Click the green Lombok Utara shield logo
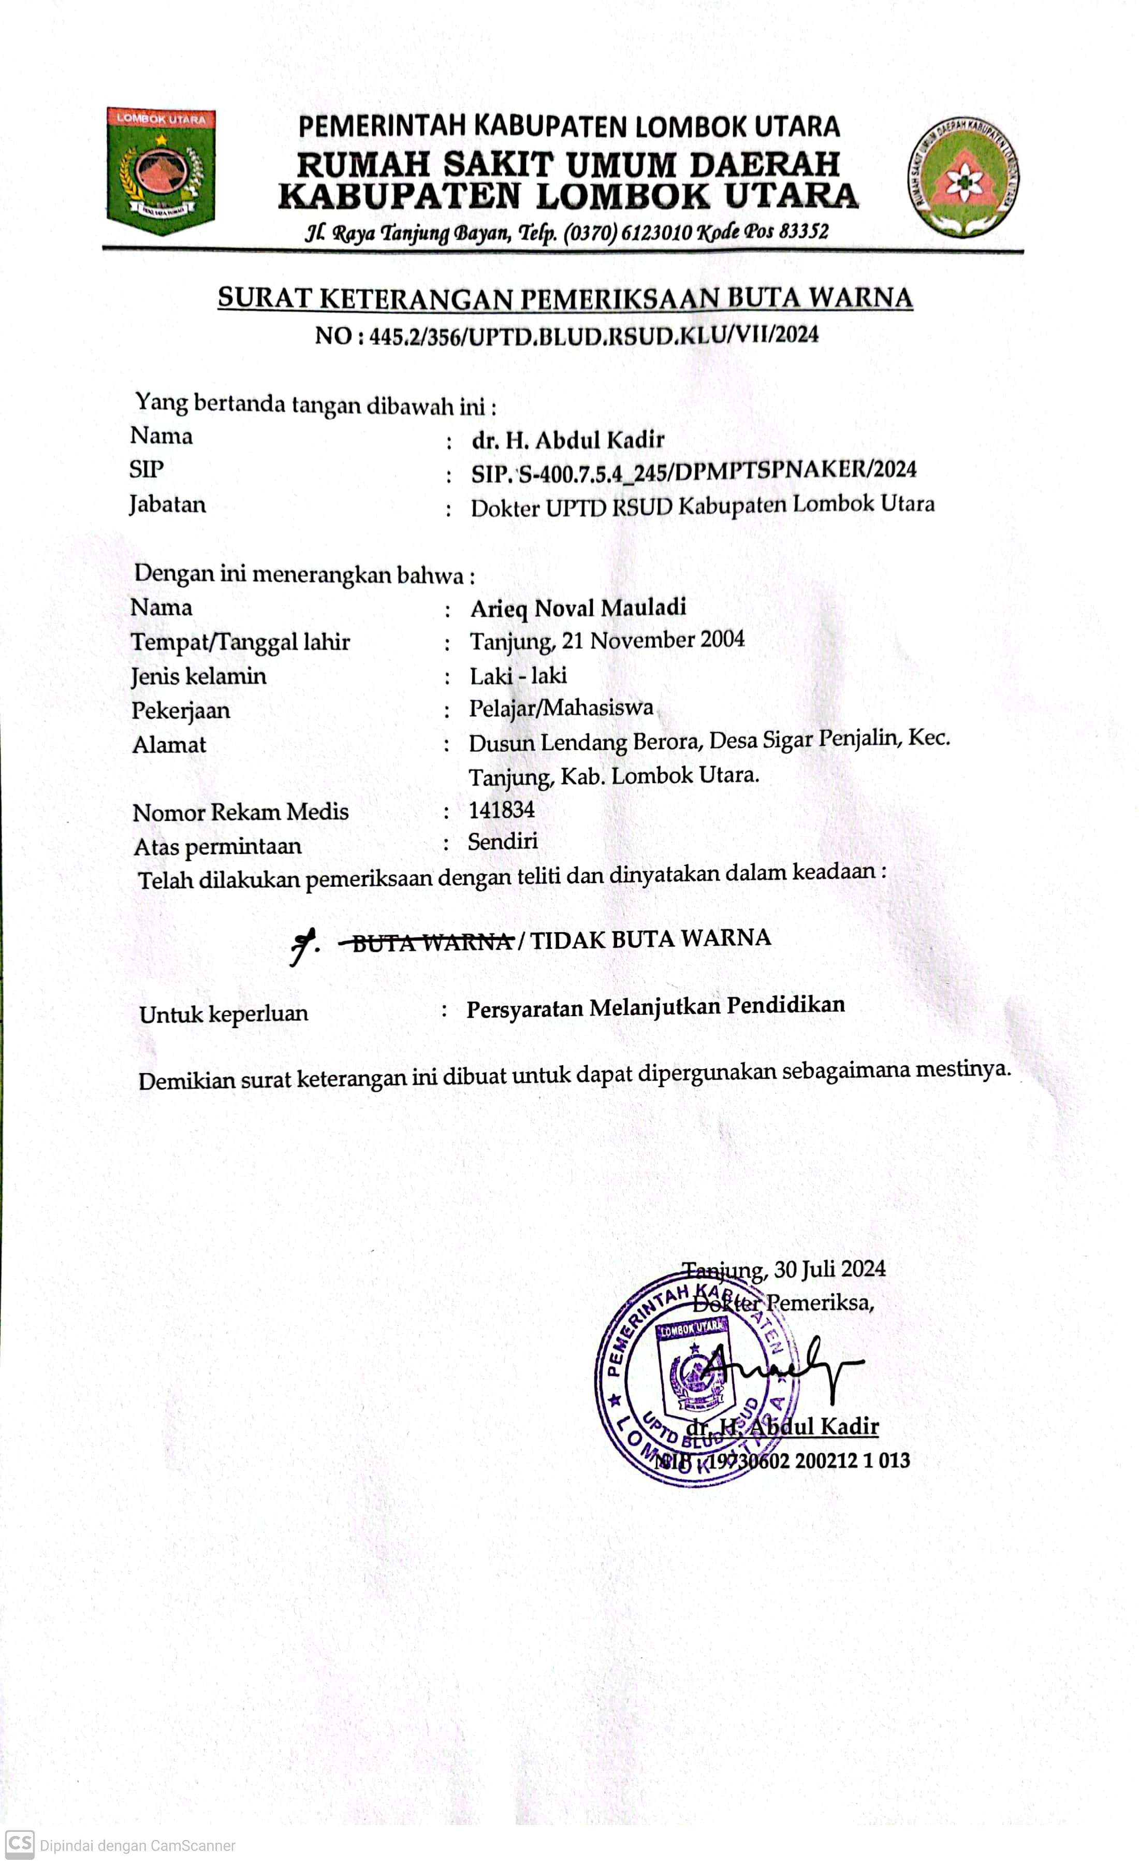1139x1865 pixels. click(x=161, y=170)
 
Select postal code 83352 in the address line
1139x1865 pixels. click(x=803, y=231)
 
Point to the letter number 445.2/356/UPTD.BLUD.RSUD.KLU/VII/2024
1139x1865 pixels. click(x=593, y=335)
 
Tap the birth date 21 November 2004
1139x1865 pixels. click(x=652, y=640)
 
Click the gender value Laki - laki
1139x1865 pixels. click(x=518, y=675)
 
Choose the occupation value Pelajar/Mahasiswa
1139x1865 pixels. click(x=561, y=707)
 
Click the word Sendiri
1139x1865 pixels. click(x=503, y=842)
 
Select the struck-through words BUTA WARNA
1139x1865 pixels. click(x=431, y=942)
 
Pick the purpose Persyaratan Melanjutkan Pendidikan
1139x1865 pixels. click(x=655, y=1007)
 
